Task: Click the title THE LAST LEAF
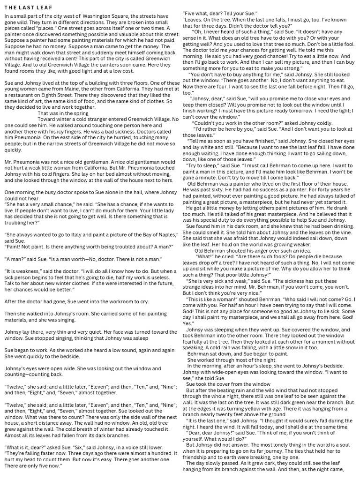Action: point(29,8)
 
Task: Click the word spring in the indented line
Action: point(80,113)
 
